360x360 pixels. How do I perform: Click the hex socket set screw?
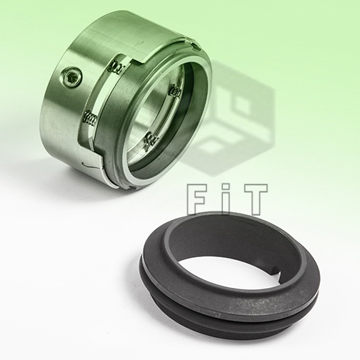[x=71, y=77]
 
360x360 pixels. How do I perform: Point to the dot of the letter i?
[x=227, y=187]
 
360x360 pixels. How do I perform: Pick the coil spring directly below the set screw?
[x=90, y=118]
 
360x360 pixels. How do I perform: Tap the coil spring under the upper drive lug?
[x=117, y=66]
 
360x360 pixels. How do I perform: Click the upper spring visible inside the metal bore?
[x=175, y=92]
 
